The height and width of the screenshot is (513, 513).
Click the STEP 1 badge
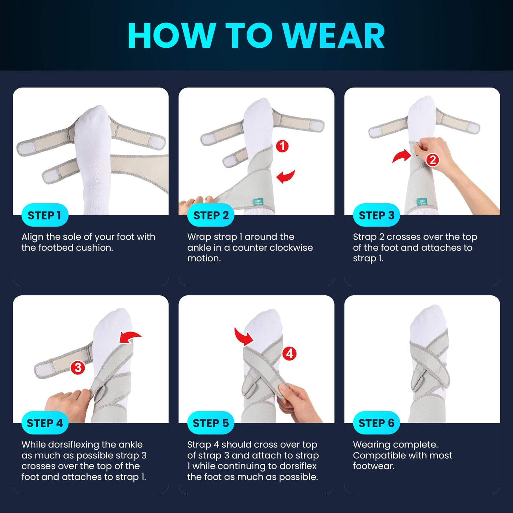[45, 215]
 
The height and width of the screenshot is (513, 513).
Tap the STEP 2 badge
[211, 215]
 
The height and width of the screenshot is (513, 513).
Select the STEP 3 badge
[376, 215]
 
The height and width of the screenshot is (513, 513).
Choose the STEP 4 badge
[45, 423]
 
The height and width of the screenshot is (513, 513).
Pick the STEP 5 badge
[211, 423]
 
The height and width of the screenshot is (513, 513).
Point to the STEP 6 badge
[376, 423]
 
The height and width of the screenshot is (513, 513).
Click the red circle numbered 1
[282, 146]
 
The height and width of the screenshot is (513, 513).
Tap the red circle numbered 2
[432, 160]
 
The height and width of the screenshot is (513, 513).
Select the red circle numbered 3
[77, 368]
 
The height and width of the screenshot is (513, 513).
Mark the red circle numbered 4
[289, 354]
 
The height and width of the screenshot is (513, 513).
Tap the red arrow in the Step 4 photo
[130, 336]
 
